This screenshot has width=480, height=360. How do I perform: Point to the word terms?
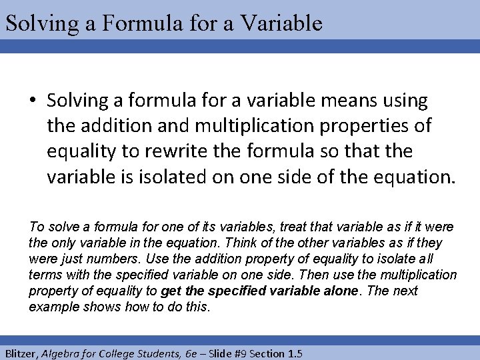click(45, 275)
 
